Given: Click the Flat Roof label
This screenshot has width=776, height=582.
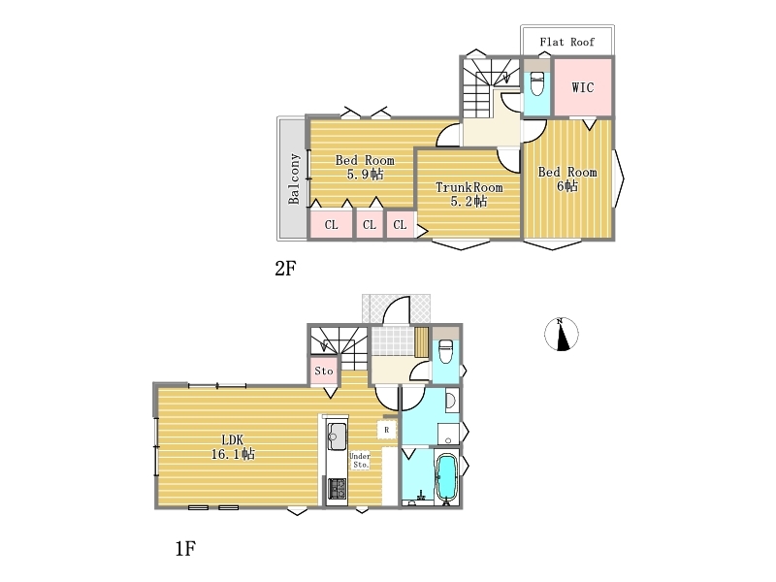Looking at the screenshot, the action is coord(566,42).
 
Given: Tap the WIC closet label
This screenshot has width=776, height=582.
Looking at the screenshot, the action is coord(583,87).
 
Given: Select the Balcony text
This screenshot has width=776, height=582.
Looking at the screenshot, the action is coord(294,178).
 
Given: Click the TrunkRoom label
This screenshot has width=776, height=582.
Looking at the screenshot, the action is coord(469,187).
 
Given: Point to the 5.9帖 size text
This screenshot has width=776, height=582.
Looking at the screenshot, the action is coord(365,175).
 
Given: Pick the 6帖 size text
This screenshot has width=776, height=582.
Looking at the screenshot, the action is coord(567,186).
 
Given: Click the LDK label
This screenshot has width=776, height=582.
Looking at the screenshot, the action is coord(232,439).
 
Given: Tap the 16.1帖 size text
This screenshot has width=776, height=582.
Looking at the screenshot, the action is coord(233,454).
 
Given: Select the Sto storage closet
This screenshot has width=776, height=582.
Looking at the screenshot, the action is coord(324,372).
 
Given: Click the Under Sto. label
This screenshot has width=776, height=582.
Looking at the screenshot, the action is coord(360,460).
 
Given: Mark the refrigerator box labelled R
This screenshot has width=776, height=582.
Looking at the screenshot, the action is coord(386,430).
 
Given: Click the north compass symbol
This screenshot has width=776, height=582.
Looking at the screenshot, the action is coord(562,334).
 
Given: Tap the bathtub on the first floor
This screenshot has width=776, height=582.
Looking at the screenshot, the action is coord(446,477).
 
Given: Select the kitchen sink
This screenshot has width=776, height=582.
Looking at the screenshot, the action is coord(337,436).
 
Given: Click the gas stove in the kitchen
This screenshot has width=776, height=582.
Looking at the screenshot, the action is coord(338,489).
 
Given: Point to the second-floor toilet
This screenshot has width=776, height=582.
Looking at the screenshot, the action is coord(537,83).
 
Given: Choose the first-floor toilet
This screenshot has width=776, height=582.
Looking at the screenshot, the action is coord(446,351).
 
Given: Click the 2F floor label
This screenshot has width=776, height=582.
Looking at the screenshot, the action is coord(285,269).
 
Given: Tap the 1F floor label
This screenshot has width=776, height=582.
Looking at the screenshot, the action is coord(185,549).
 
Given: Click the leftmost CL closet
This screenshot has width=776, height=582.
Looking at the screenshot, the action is coord(331,225).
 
